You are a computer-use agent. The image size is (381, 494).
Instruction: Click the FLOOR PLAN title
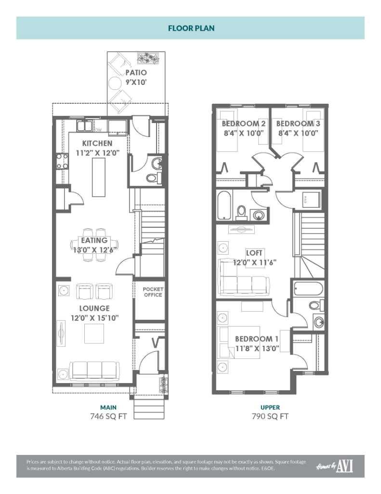point(191,28)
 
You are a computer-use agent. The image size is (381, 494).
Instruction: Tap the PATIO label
point(136,73)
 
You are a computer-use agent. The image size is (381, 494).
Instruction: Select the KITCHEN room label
point(97,143)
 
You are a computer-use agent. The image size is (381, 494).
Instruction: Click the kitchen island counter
point(98,176)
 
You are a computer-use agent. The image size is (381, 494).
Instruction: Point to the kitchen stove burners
point(62,161)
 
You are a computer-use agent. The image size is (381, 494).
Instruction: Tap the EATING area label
point(94,240)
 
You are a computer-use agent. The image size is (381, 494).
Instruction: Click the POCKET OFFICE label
point(152,292)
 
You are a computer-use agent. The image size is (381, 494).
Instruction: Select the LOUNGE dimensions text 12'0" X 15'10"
point(95,317)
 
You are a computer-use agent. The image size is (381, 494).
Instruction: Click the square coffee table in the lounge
point(94,333)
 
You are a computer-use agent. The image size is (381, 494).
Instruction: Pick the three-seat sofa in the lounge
point(93,370)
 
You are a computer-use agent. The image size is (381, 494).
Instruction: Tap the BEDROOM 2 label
point(244,123)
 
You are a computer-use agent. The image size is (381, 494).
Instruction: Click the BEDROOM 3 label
point(298,123)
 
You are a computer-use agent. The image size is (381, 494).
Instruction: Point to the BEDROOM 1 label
point(257,339)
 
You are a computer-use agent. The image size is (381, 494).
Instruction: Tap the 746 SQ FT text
point(108,416)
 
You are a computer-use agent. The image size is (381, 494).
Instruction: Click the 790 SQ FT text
point(270,416)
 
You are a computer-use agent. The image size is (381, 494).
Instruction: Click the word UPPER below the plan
point(270,408)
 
